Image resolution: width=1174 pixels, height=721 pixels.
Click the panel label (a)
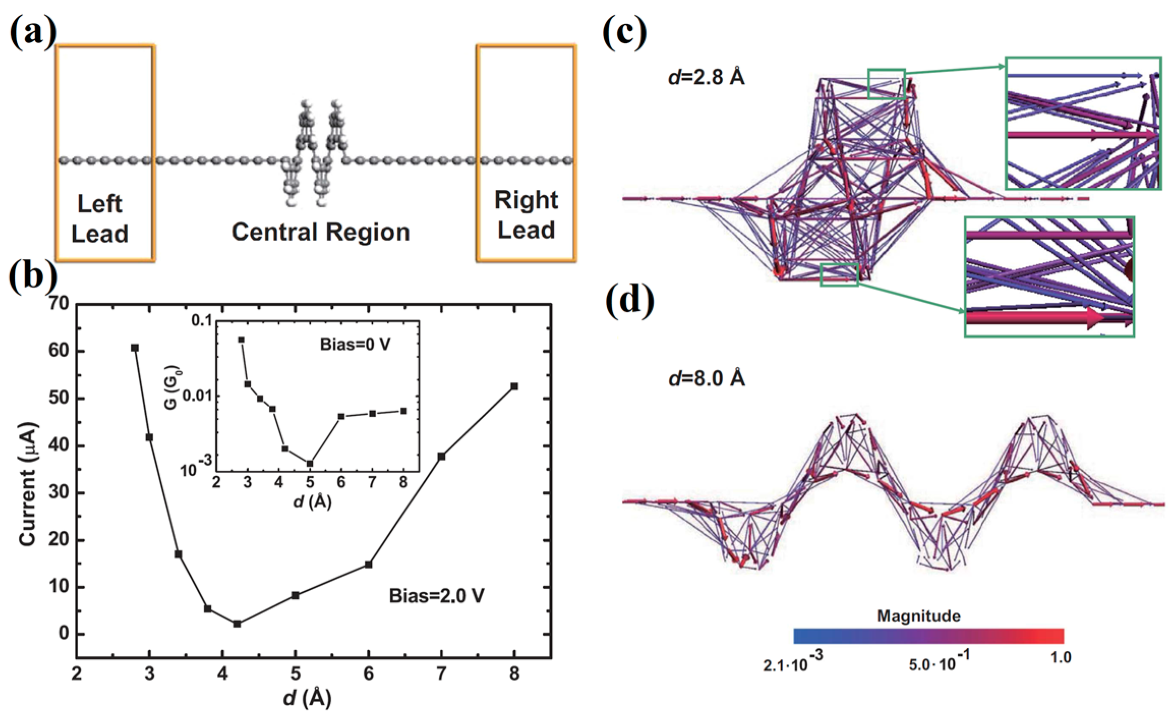[x=33, y=33]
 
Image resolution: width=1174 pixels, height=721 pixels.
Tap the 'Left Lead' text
[x=100, y=219]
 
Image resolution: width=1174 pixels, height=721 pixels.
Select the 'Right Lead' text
[x=526, y=215]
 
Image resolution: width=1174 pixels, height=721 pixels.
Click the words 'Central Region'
[x=321, y=233]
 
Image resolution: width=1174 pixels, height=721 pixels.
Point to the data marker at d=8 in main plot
[x=514, y=386]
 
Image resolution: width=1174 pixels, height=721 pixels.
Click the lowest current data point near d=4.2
[x=237, y=624]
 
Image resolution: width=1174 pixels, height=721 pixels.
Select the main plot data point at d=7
[x=442, y=457]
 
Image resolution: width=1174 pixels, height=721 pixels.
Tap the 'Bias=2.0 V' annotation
[x=436, y=596]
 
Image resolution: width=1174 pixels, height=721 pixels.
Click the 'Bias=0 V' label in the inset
[x=355, y=345]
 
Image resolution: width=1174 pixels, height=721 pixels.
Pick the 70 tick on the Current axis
[x=58, y=304]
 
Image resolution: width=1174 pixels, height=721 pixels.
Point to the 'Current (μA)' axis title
[x=28, y=484]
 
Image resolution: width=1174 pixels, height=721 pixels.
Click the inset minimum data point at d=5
[x=310, y=464]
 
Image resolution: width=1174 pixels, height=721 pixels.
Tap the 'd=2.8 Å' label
[x=707, y=77]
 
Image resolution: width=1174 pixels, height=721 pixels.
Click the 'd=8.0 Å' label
[x=707, y=379]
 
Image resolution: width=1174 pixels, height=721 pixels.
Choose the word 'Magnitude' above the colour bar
[x=919, y=616]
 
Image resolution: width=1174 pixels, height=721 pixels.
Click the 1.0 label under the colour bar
[x=1061, y=658]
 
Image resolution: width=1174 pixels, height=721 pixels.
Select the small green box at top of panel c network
[x=886, y=84]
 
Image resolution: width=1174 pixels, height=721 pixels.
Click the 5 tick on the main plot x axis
[x=296, y=674]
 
